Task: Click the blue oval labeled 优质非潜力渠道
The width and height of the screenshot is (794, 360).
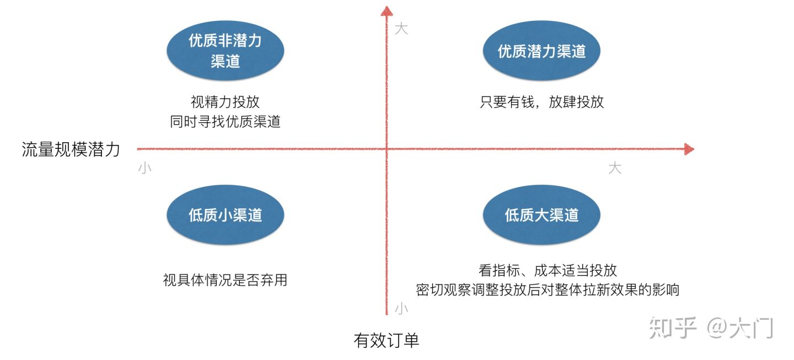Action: [225, 51]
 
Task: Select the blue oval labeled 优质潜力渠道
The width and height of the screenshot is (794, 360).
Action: [541, 51]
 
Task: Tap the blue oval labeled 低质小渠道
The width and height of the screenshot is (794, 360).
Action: [225, 215]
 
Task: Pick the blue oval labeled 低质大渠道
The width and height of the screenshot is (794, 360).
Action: [541, 215]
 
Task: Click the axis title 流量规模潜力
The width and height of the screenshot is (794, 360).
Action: [71, 149]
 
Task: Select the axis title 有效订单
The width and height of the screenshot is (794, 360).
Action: [386, 340]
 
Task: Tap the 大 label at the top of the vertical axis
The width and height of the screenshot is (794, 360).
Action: [401, 29]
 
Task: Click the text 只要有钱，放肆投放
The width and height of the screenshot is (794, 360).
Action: [541, 102]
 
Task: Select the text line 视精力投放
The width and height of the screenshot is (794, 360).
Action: [225, 102]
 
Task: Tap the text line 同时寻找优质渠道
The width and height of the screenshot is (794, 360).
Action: [225, 122]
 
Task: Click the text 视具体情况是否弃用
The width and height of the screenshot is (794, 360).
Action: [225, 280]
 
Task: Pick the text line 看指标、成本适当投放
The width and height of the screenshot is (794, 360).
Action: [547, 270]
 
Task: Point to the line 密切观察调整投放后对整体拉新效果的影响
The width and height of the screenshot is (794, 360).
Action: [547, 289]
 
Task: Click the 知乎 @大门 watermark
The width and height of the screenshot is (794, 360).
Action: [711, 327]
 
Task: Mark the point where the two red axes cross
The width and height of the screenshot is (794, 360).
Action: [387, 149]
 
